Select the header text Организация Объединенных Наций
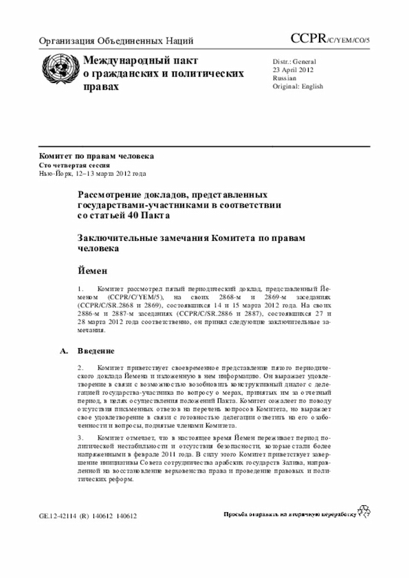click(x=116, y=42)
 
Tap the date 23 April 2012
click(x=294, y=70)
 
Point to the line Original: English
click(x=298, y=86)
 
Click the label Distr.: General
click(x=295, y=61)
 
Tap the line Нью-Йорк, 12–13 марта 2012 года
click(x=93, y=173)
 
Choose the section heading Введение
click(x=96, y=351)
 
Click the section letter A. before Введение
click(x=62, y=351)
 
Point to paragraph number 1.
click(x=80, y=288)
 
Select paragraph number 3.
click(x=81, y=437)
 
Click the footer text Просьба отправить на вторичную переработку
click(x=288, y=514)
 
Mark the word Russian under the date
click(x=284, y=78)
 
